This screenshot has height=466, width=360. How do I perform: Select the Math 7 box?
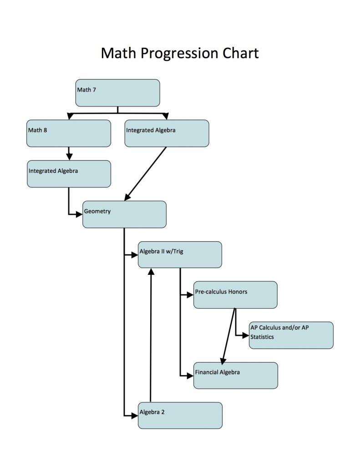[x=117, y=93]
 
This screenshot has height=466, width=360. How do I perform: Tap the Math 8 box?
[x=68, y=133]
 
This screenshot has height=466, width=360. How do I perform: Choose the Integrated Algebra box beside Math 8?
[x=167, y=133]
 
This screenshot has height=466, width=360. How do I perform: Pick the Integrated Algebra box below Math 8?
[x=69, y=174]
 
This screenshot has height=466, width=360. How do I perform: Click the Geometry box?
[x=124, y=214]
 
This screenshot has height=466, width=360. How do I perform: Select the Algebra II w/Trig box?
[x=180, y=255]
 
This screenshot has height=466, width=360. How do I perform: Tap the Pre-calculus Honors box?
[x=235, y=295]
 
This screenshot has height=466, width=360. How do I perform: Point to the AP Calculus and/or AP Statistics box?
[x=291, y=335]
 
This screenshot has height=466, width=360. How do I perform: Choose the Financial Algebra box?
[x=235, y=375]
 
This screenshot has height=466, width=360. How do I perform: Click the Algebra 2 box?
[x=180, y=415]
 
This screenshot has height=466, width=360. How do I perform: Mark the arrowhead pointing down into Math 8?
[x=69, y=117]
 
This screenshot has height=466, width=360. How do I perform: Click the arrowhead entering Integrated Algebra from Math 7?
[x=165, y=117]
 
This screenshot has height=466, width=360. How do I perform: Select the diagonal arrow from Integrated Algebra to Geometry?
[x=146, y=173]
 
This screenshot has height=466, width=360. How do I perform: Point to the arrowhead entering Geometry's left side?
[x=79, y=214]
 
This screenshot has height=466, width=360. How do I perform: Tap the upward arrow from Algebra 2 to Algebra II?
[x=151, y=337]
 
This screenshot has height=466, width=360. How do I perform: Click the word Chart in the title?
[x=240, y=54]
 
